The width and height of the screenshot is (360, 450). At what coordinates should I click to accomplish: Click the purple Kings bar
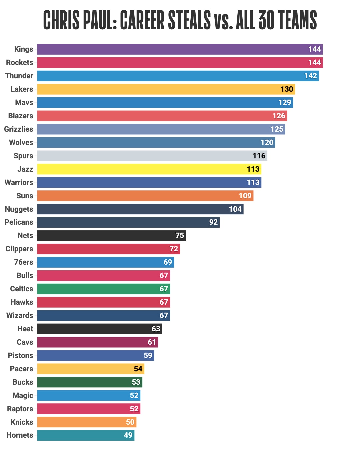tap(180, 49)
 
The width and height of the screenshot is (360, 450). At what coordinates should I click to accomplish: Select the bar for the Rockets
tap(180, 63)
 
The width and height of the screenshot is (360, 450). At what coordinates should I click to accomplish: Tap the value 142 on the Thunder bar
tap(310, 76)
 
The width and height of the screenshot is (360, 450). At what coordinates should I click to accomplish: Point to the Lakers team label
tap(22, 89)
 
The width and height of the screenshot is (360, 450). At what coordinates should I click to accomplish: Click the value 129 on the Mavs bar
tap(285, 103)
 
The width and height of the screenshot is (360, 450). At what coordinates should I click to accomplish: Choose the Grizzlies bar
tap(161, 129)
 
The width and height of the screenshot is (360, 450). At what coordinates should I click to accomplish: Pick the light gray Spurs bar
tap(152, 156)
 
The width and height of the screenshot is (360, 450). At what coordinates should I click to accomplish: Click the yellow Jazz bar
tap(149, 169)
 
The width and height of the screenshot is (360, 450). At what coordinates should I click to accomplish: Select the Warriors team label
tap(19, 183)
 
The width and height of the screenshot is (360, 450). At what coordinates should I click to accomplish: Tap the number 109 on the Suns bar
tap(245, 196)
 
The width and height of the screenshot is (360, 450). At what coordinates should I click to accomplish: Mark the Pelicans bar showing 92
tap(128, 222)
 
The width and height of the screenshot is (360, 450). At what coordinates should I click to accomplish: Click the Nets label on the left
tap(25, 236)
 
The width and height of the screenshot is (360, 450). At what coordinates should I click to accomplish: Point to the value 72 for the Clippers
tap(174, 249)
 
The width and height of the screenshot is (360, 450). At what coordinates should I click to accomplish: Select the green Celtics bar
tap(103, 289)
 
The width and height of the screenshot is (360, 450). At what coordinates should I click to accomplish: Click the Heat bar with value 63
tap(99, 329)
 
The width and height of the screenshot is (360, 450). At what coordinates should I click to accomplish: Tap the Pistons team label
tap(21, 356)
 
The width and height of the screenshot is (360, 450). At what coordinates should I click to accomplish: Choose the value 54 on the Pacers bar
tap(138, 369)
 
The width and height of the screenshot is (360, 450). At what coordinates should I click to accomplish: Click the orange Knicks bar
tap(87, 422)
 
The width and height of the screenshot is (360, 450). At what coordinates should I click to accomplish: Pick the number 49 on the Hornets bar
tap(128, 435)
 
